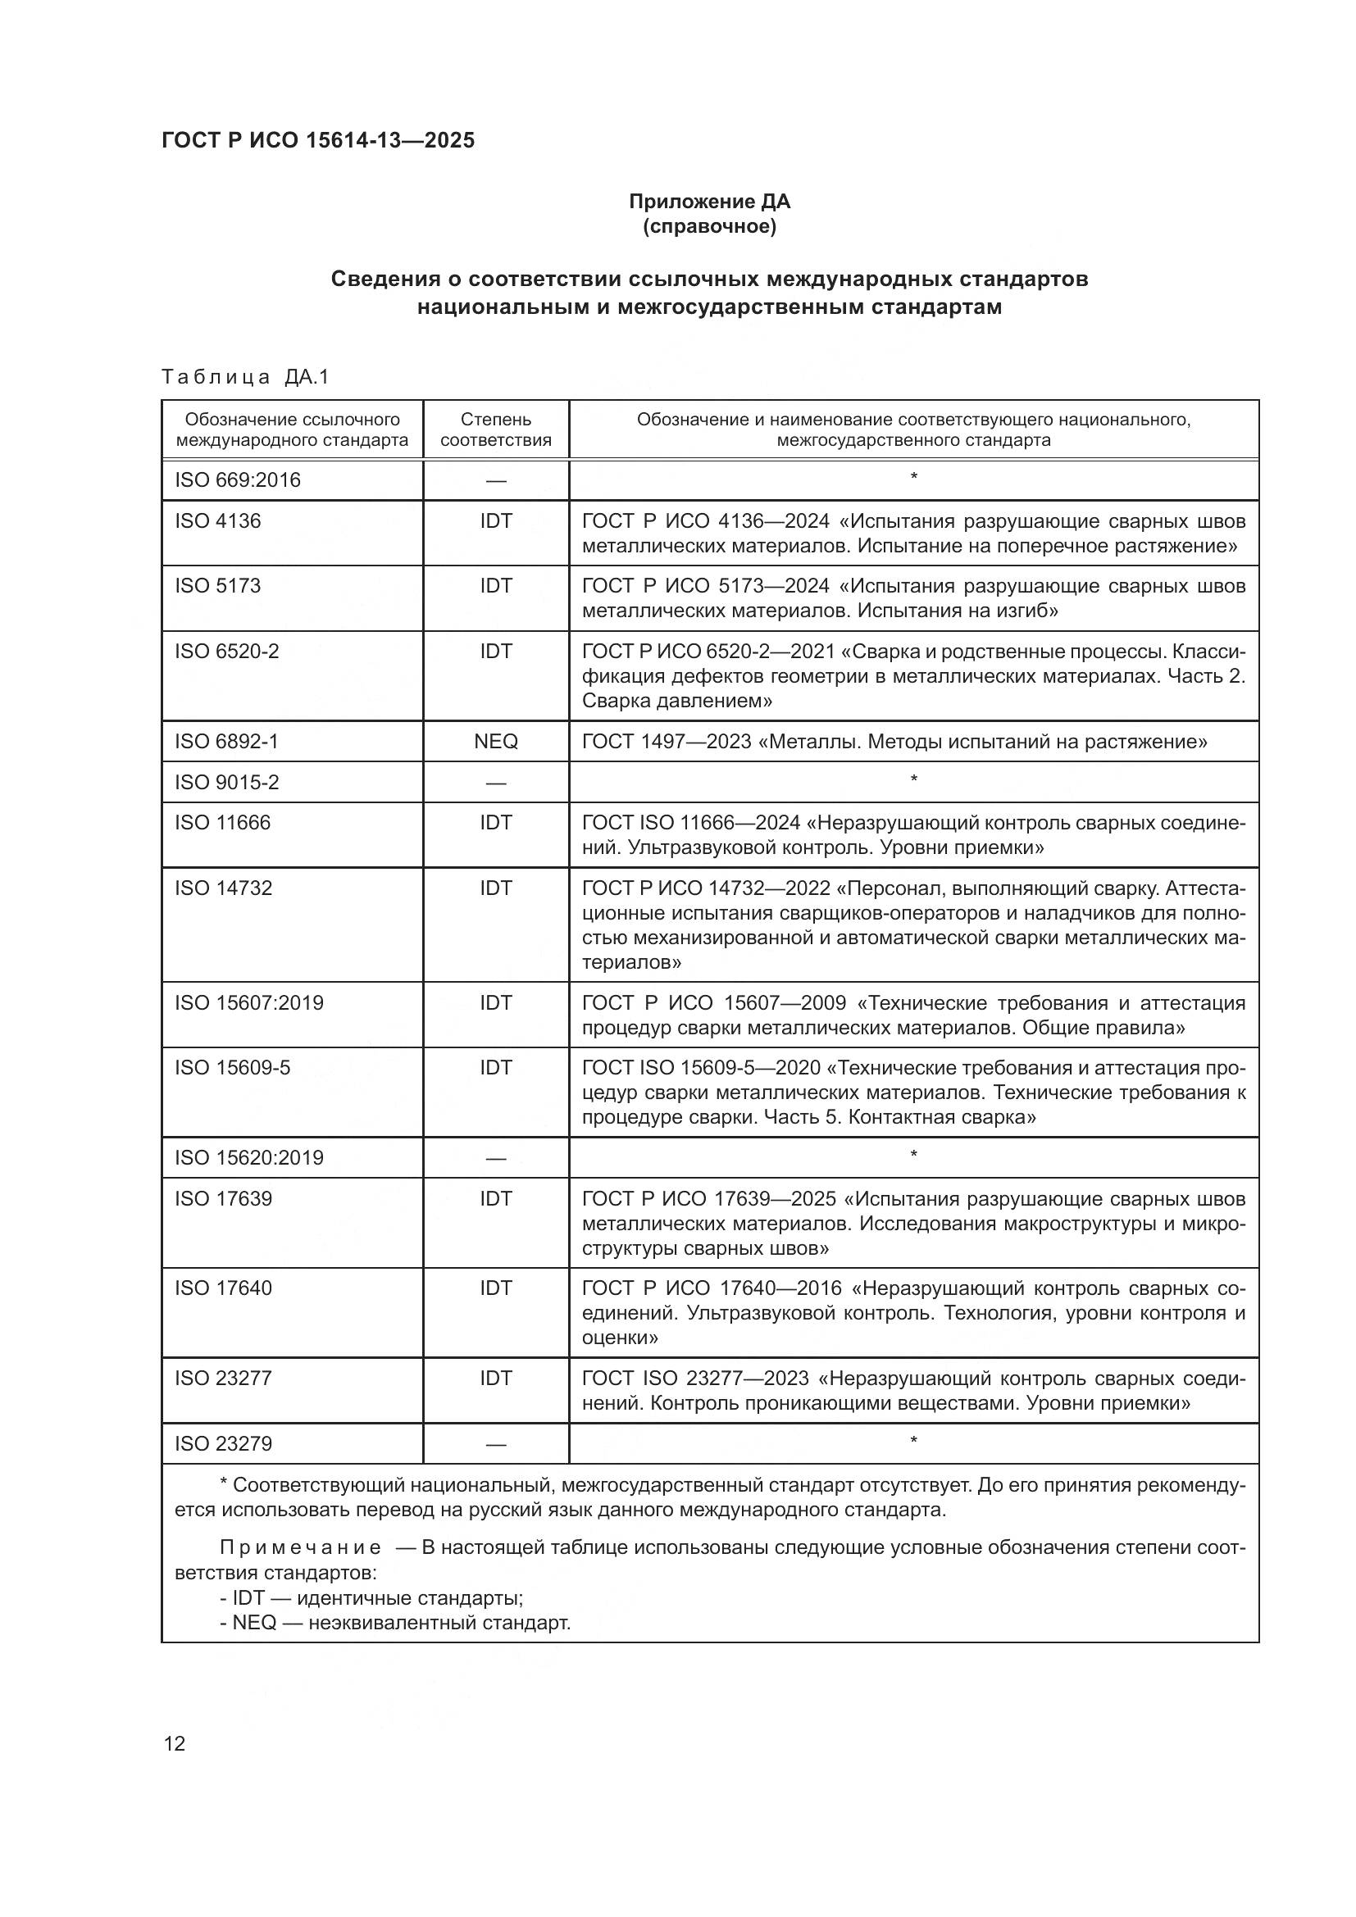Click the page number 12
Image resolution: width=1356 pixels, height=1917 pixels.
175,1743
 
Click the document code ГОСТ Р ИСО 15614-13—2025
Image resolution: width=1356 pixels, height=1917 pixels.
318,140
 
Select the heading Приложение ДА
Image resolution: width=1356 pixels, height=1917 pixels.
709,202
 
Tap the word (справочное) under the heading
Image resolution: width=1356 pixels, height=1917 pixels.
709,226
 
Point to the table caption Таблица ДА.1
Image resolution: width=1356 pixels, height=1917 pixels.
245,377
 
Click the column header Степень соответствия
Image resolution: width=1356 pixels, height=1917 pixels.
496,429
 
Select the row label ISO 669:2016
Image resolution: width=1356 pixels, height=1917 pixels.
237,480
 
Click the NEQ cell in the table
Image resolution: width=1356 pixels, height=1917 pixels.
496,742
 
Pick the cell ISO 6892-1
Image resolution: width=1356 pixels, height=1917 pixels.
226,742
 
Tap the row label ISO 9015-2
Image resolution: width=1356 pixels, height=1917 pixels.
226,783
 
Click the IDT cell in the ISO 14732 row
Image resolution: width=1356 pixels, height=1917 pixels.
496,888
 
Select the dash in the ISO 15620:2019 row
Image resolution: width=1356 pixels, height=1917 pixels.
496,1158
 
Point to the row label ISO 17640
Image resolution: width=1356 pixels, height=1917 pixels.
223,1288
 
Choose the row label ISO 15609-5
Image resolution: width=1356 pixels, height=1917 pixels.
232,1068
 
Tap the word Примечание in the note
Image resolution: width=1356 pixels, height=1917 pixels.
301,1548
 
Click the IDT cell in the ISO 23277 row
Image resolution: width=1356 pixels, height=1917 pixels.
496,1379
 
